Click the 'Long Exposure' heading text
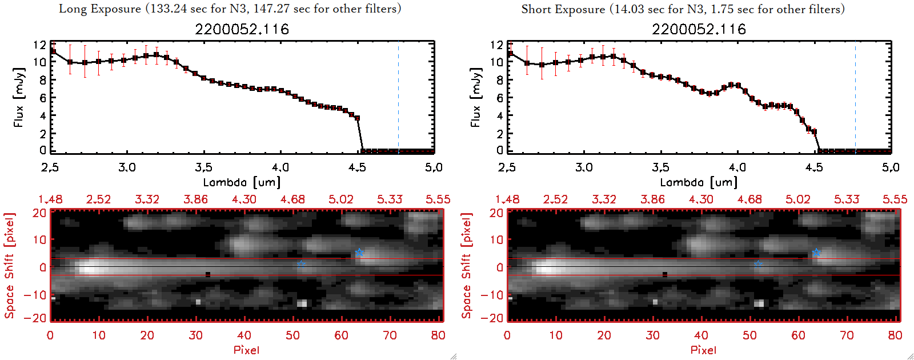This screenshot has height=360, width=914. coord(100,9)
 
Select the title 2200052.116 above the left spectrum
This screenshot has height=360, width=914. coord(242,29)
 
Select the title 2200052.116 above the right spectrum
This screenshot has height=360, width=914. coord(699,29)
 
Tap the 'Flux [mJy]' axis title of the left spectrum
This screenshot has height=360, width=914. coord(19,97)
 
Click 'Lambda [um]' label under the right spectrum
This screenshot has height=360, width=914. coord(699,182)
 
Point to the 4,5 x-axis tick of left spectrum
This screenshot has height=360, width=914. coord(357,167)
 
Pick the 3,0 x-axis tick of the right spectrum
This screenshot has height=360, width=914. coord(584,167)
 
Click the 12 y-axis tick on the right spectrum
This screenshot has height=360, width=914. coord(496,45)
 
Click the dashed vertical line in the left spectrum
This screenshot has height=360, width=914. coord(398,97)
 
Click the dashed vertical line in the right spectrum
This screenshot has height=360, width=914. coord(855,97)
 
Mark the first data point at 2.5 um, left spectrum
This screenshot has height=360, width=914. coord(53,51)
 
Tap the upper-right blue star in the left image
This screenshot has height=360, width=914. coord(359,253)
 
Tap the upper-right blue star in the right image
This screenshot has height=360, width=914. coord(816,253)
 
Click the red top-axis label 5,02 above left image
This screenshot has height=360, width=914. coord(341,199)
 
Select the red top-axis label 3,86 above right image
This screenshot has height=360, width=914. coord(652,199)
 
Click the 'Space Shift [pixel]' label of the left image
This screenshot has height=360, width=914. coord(9,266)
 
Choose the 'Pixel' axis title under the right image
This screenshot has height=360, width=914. coord(703,350)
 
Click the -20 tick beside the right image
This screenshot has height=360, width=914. coord(496,318)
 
